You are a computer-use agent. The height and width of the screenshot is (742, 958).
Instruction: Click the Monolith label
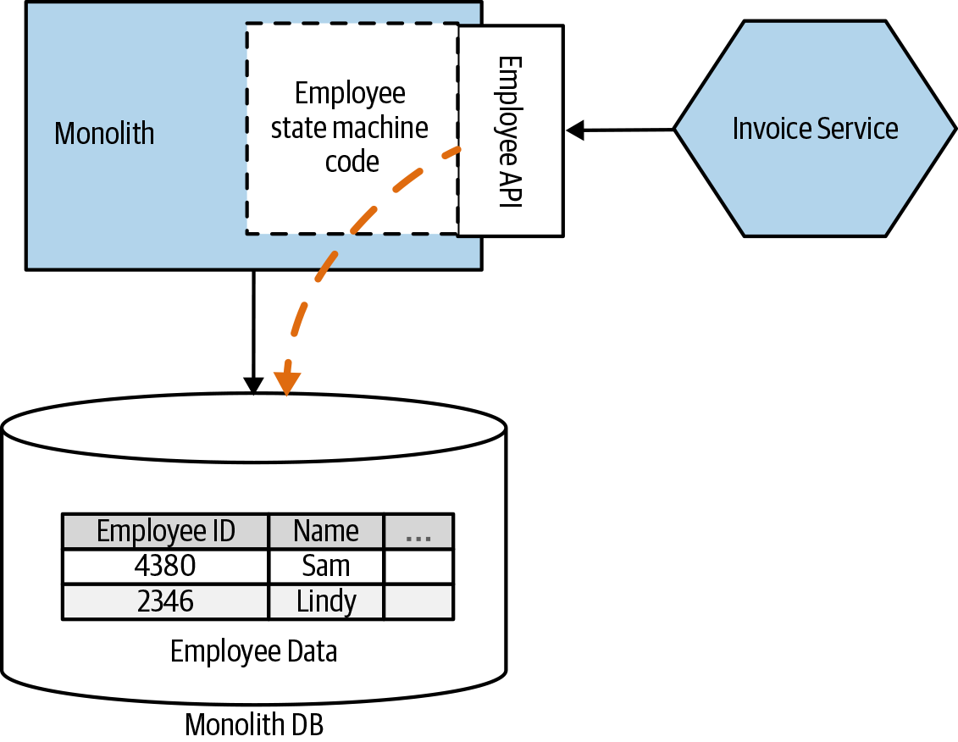point(104,134)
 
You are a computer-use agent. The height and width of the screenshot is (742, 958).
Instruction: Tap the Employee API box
point(509,131)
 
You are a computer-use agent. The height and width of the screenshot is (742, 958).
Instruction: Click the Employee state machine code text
point(350,127)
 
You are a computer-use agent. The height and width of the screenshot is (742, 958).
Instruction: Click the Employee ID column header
point(165,531)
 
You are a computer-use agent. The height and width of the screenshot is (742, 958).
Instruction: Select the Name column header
point(326,531)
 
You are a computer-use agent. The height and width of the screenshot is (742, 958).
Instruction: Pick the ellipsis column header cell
point(418,531)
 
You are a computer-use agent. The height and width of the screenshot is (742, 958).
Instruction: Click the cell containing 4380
point(165,566)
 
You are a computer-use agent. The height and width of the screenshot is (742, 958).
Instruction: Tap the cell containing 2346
point(165,601)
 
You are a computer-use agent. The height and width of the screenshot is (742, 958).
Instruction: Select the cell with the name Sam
point(326,566)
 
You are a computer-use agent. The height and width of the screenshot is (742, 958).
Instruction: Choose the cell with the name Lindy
point(326,601)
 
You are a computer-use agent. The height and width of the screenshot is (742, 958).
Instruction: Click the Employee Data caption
point(253,651)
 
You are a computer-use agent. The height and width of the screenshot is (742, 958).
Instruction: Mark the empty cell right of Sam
point(418,566)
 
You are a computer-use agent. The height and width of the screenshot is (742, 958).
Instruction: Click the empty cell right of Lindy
point(418,601)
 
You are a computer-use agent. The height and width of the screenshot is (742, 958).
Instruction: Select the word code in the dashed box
point(352,160)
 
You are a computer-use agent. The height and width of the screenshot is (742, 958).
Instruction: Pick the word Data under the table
point(309,651)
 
